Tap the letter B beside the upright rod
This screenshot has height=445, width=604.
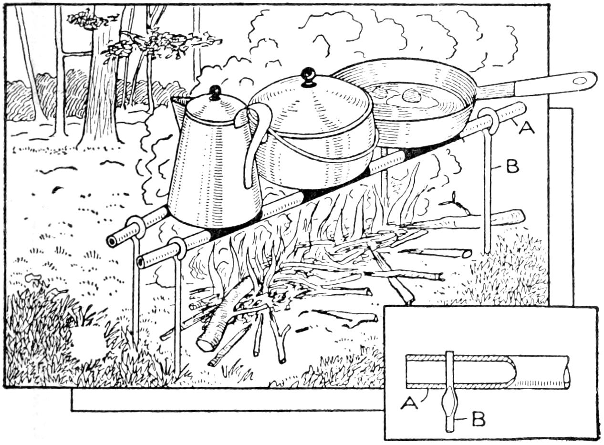[512, 167]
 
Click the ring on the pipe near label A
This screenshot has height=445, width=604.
[489, 120]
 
